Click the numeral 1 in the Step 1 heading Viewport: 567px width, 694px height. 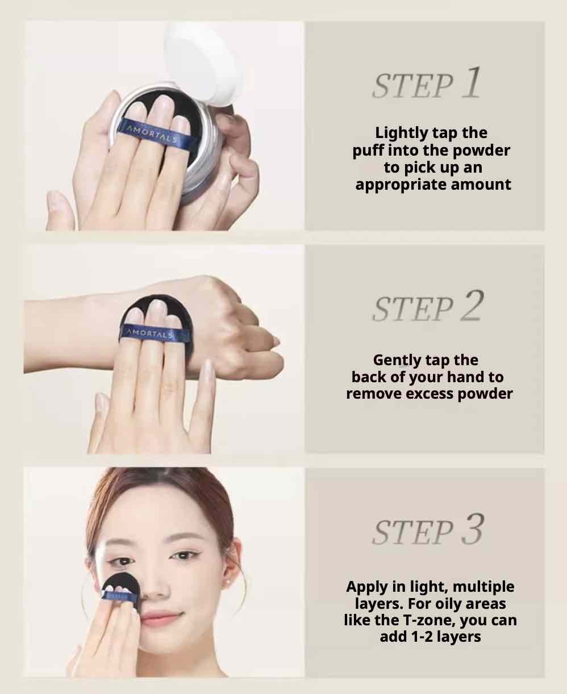[x=472, y=82]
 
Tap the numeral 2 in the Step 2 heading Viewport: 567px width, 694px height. [x=472, y=306]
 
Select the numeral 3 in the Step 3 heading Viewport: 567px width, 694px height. [x=472, y=529]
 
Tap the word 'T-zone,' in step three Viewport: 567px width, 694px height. [x=429, y=621]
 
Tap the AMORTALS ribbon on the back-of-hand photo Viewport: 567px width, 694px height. [x=152, y=334]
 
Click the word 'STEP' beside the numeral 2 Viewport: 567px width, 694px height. [x=413, y=308]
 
